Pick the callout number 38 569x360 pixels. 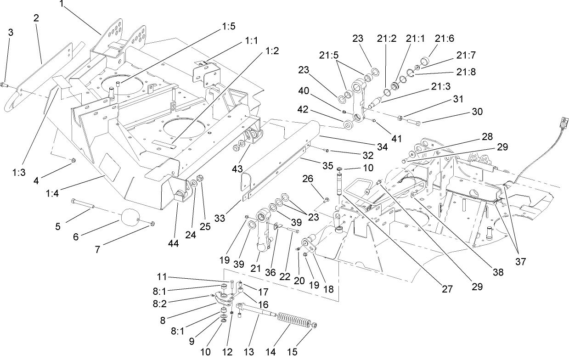coord(498,272)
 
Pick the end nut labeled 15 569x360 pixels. coord(314,326)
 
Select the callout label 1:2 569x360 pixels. coord(271,51)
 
